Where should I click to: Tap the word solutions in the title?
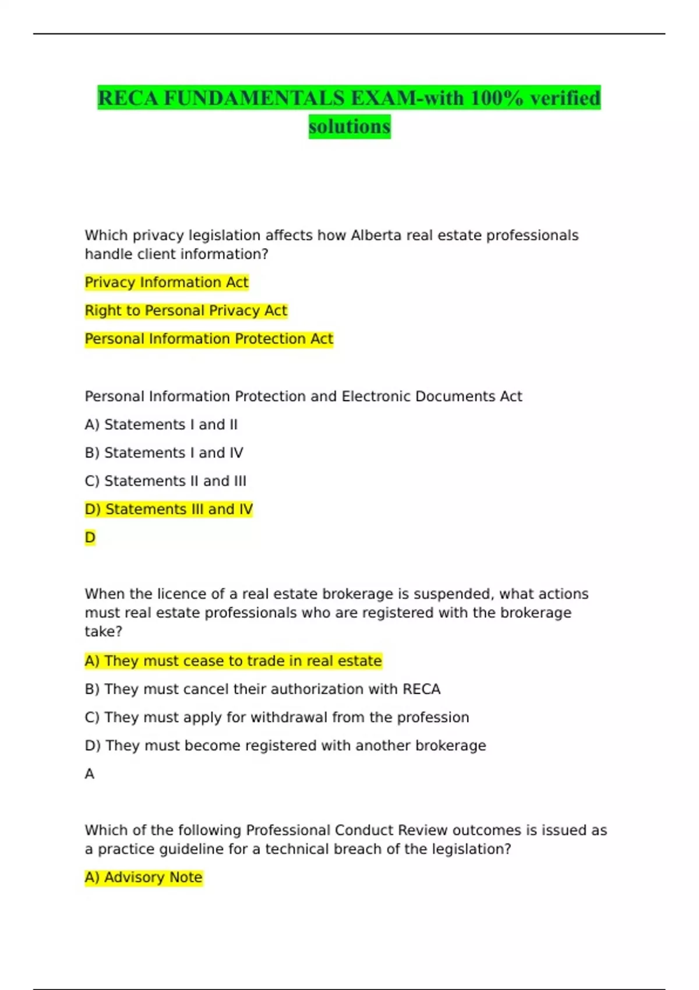pos(349,126)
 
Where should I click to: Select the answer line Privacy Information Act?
pos(167,282)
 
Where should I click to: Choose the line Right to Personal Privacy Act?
pos(186,310)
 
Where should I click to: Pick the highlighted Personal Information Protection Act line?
pos(209,339)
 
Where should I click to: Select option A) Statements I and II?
pos(161,425)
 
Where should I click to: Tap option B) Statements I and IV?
pos(164,452)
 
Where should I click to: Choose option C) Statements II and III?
pos(165,481)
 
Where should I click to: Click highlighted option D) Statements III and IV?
pos(168,509)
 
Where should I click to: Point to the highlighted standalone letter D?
pos(90,538)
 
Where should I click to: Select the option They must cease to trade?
pos(233,661)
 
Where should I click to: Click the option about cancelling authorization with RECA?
pos(262,689)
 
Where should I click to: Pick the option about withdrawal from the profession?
pos(277,717)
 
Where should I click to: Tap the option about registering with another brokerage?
pos(285,745)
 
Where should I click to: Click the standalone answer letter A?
pos(89,774)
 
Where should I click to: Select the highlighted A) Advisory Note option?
pos(143,877)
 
